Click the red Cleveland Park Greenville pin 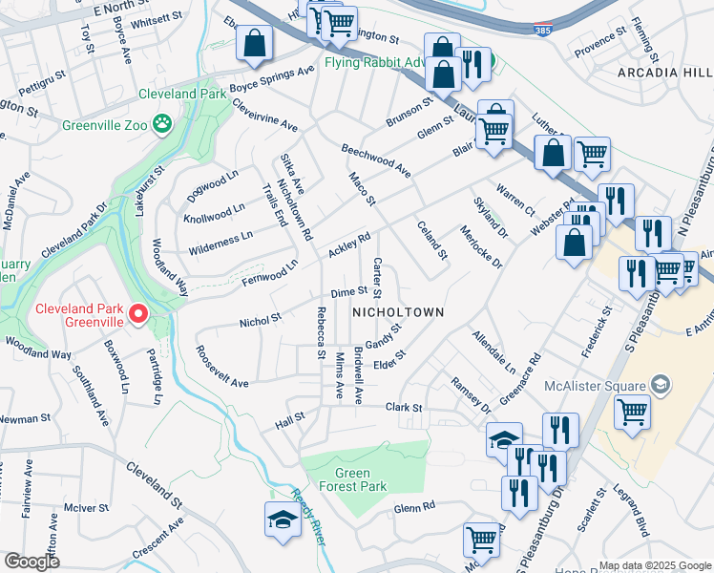tap(139, 313)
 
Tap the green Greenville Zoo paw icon tap(163, 123)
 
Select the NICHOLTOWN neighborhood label tap(399, 312)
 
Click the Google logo tap(31, 561)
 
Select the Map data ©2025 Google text tap(655, 565)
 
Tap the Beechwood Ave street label tap(376, 159)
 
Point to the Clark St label tap(403, 408)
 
